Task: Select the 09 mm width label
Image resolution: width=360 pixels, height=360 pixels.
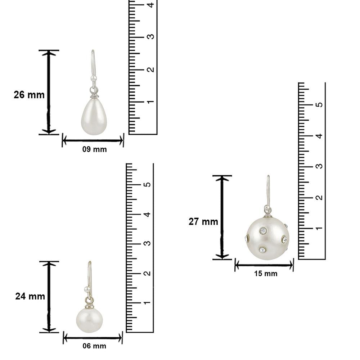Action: point(94,149)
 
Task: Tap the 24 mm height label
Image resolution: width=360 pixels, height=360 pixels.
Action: point(30,296)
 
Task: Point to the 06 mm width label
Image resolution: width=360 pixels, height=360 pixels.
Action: point(94,346)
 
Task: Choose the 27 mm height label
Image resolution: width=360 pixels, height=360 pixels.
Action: point(203,222)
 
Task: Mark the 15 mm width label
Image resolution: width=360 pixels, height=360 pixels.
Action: point(266,274)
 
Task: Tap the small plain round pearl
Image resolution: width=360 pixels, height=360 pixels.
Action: point(89,320)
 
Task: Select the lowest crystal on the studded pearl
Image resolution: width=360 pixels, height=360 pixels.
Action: point(262,250)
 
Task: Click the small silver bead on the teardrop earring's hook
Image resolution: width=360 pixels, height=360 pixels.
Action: point(93,77)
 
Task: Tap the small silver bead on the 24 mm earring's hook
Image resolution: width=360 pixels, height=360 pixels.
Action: point(86,288)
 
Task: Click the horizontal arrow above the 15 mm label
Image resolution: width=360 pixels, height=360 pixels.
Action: point(264,266)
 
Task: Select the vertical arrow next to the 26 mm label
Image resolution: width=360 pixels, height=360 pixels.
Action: point(49,92)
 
